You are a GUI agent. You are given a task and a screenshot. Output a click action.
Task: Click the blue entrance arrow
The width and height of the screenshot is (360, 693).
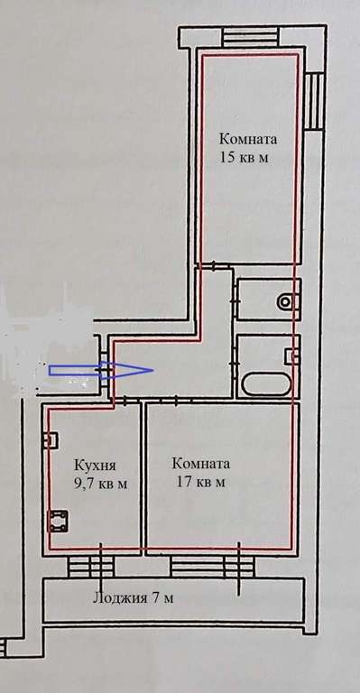(101, 370)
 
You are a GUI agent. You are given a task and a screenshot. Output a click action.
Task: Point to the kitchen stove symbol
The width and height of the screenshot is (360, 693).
(58, 522)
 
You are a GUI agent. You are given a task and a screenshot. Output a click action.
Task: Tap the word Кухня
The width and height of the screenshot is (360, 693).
(95, 466)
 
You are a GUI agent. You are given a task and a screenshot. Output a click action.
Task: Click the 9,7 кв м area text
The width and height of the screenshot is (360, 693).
(101, 484)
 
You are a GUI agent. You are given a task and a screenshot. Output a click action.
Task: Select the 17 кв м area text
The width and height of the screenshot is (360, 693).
(201, 482)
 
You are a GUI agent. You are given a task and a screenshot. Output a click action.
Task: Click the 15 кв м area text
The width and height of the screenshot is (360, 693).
(244, 158)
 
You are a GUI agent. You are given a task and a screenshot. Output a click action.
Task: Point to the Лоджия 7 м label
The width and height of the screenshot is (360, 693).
(133, 598)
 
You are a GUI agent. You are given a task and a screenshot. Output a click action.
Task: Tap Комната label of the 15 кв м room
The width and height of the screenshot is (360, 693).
(248, 139)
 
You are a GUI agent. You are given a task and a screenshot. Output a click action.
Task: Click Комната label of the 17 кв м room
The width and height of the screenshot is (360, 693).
(201, 464)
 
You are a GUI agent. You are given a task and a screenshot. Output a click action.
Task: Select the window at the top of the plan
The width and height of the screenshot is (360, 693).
(250, 37)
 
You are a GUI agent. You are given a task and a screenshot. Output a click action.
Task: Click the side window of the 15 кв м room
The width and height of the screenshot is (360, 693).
(315, 102)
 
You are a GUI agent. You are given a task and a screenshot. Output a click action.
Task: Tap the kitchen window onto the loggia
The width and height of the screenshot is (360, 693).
(90, 567)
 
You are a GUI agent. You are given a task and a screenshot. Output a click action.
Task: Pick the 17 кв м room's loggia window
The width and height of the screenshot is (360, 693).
(212, 567)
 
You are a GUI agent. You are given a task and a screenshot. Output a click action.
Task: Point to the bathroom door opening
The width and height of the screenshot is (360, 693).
(234, 364)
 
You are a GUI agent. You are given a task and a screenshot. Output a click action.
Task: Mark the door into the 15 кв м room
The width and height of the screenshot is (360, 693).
(214, 266)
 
